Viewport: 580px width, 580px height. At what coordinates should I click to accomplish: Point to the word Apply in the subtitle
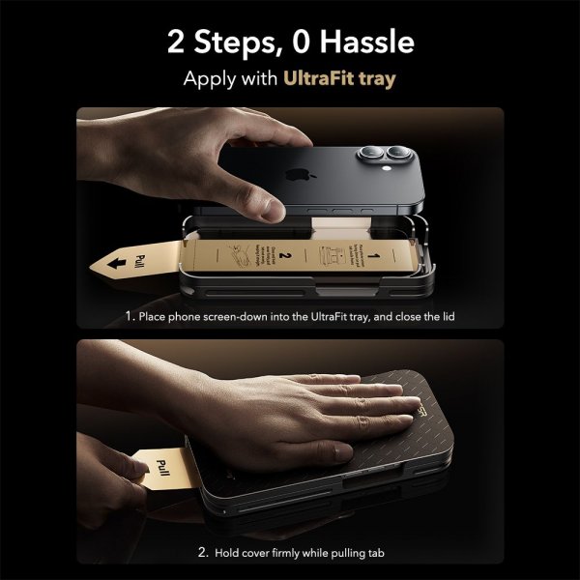click(209, 80)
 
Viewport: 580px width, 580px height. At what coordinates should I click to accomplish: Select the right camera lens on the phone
click(399, 157)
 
